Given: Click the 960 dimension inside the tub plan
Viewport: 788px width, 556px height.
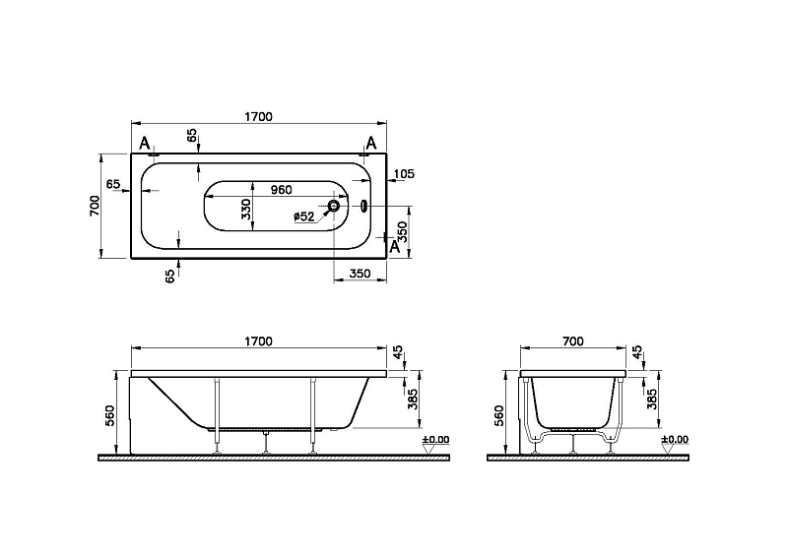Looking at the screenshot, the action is tap(281, 190).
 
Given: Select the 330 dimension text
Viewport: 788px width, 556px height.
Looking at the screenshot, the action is tap(245, 209).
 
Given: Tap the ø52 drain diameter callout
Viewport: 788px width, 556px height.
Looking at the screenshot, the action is tap(304, 216).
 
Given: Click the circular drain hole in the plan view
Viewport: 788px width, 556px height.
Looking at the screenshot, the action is tap(334, 206).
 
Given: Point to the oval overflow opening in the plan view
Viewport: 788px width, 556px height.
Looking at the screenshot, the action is tap(364, 206).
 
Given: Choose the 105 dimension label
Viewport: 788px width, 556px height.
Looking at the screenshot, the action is tap(404, 174).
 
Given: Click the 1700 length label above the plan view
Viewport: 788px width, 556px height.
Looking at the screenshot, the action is tap(258, 117).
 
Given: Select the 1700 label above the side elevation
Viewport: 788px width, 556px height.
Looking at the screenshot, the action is tap(258, 341).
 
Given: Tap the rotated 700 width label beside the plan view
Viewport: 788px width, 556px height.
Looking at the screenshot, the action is tap(95, 206).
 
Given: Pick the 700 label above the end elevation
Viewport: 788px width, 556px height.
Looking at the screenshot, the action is tap(573, 341).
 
